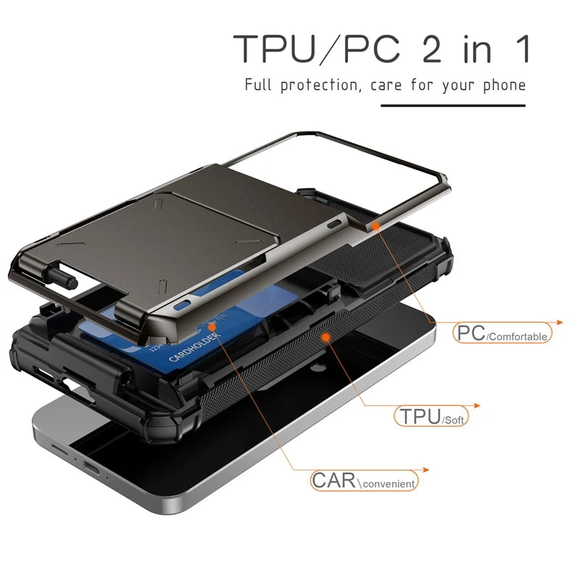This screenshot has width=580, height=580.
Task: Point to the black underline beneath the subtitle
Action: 452,106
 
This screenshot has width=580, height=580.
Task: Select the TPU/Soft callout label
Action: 431,417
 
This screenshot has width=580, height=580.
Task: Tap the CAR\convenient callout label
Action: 365,480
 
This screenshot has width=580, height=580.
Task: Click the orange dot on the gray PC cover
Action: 376,227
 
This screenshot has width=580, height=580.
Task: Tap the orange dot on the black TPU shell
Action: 326,338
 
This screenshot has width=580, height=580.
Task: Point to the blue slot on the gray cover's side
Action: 185,302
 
